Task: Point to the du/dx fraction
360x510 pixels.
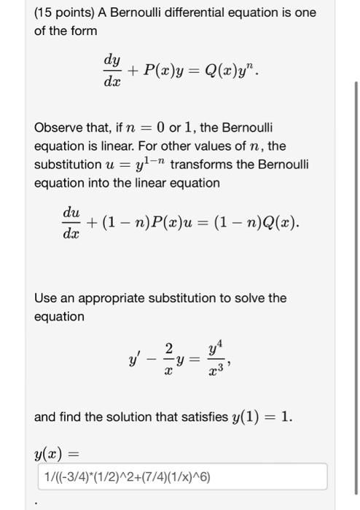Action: pyautogui.click(x=71, y=222)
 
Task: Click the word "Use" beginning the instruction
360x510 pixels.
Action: pyautogui.click(x=46, y=298)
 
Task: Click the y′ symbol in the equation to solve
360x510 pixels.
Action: pyautogui.click(x=133, y=358)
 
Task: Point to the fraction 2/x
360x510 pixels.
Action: pyautogui.click(x=168, y=358)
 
